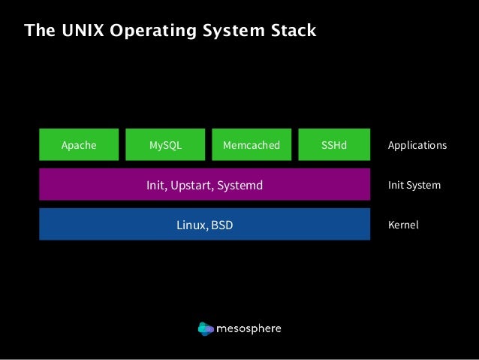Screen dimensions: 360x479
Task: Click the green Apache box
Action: click(79, 145)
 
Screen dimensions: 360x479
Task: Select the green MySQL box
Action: click(165, 145)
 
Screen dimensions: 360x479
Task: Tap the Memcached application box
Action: click(252, 145)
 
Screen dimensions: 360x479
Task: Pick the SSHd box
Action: click(334, 145)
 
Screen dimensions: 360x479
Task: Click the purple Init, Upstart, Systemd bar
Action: click(204, 185)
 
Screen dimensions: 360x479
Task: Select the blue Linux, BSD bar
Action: click(204, 225)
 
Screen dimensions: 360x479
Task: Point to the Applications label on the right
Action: click(417, 145)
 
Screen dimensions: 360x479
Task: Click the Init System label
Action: click(414, 185)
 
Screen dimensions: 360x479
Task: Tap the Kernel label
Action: click(403, 225)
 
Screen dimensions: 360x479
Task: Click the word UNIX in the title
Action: click(73, 31)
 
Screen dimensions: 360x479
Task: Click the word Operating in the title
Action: click(138, 31)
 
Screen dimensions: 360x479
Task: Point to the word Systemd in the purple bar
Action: click(239, 185)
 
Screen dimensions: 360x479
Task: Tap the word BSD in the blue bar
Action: click(222, 225)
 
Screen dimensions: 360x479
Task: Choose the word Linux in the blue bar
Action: click(191, 225)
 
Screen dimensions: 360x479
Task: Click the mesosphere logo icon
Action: click(206, 328)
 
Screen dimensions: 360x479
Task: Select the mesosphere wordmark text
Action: click(249, 328)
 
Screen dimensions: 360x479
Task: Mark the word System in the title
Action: click(224, 31)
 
